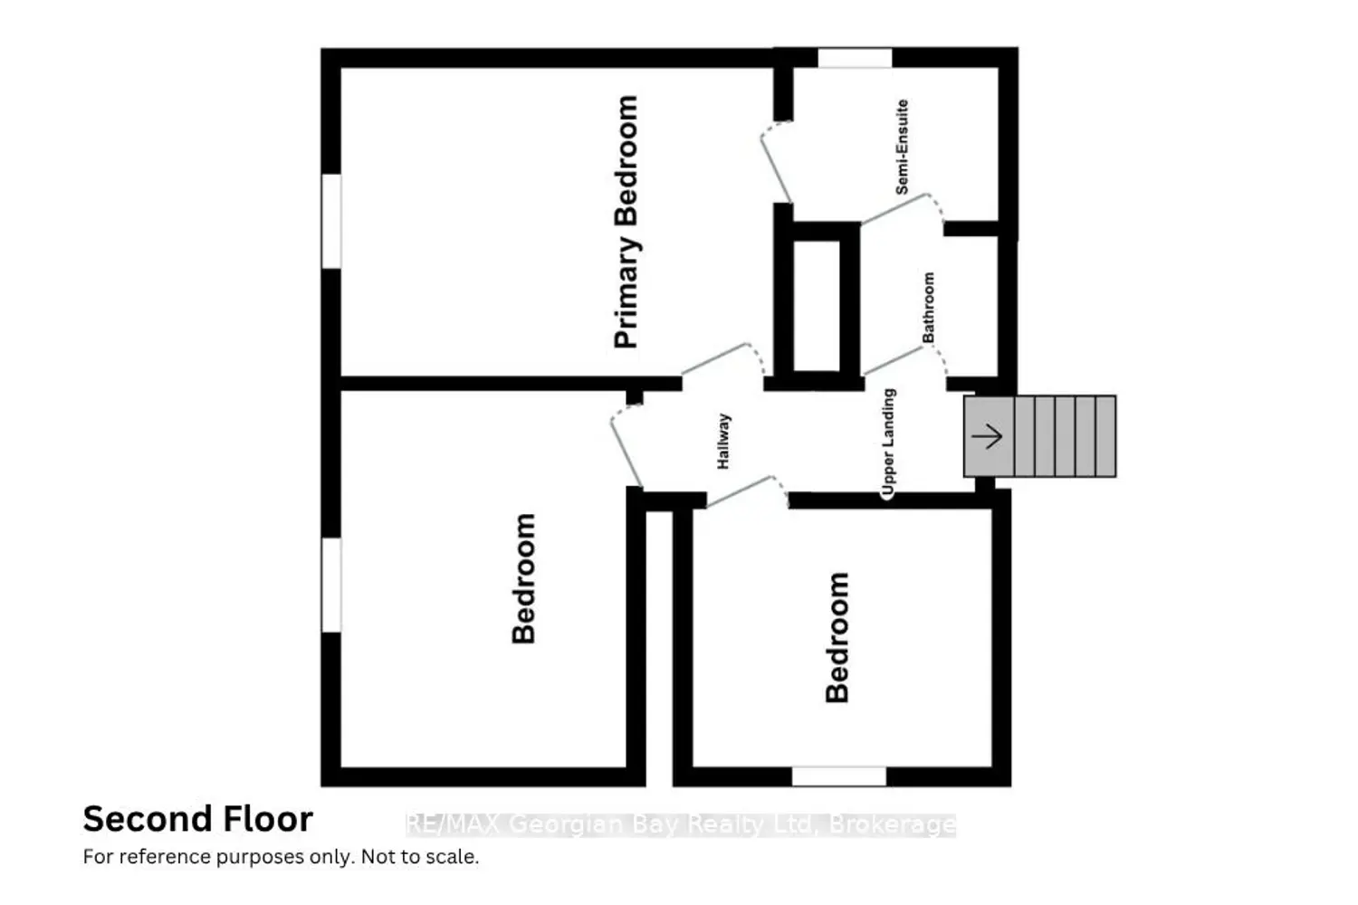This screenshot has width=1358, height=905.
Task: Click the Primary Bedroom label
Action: [626, 222]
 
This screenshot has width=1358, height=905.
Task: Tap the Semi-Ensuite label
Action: [902, 147]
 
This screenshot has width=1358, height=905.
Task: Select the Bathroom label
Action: [928, 308]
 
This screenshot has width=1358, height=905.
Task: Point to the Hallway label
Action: [723, 442]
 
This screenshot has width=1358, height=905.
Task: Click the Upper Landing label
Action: [888, 443]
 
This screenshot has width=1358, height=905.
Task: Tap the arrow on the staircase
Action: [987, 436]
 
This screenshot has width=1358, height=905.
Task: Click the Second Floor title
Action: [198, 819]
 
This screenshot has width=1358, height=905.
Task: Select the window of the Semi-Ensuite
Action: [855, 58]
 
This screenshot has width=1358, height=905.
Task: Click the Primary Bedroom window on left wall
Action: [331, 221]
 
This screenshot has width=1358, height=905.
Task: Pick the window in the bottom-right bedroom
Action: [839, 776]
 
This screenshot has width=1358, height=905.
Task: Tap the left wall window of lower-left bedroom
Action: [331, 585]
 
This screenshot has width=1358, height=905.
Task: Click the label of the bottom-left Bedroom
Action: [524, 578]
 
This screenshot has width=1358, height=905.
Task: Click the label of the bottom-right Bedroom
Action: [837, 637]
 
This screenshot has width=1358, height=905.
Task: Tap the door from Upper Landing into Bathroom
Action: [905, 360]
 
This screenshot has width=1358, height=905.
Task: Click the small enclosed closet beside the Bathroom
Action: [817, 306]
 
